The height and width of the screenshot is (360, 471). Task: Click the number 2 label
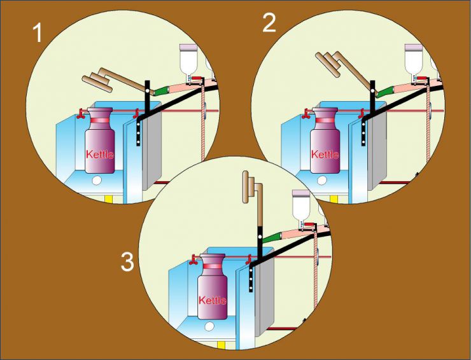click(269, 24)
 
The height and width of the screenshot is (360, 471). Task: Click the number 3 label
click(127, 262)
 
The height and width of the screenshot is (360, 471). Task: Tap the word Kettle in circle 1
click(100, 154)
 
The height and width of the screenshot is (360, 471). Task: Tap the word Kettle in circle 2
click(325, 154)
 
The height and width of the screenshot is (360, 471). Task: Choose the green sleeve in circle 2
click(386, 92)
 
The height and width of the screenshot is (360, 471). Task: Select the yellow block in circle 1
click(108, 198)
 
